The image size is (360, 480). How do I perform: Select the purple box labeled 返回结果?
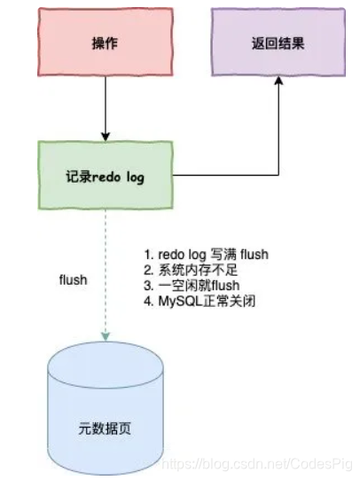pyautogui.click(x=278, y=43)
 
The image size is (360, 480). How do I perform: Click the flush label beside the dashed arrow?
pyautogui.click(x=73, y=279)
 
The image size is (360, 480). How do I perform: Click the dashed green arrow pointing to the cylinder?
pyautogui.click(x=104, y=275)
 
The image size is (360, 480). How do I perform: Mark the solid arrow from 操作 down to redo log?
pyautogui.click(x=104, y=106)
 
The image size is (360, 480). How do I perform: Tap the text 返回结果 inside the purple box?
pyautogui.click(x=278, y=43)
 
